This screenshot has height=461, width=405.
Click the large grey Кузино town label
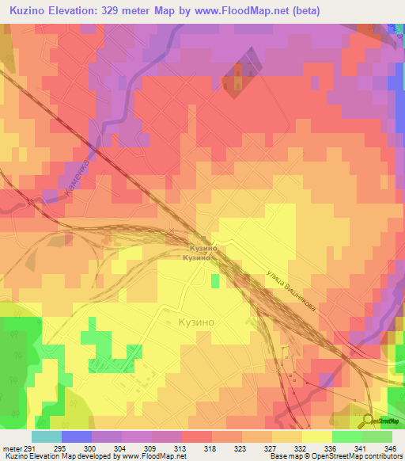(195, 323)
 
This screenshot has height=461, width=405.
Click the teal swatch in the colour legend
(46, 436)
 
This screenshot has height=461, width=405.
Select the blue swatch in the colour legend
(76, 436)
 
